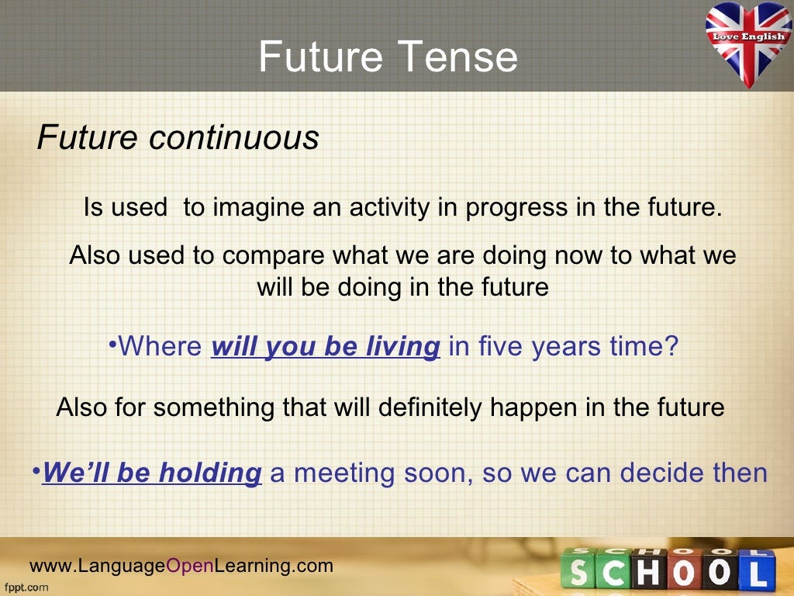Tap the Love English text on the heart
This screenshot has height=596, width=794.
coord(748,36)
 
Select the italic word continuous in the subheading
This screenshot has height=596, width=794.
coord(233,138)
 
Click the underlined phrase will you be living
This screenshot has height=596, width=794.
coord(326,346)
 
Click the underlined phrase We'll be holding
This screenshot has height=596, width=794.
coord(152,473)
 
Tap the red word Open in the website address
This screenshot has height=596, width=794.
coord(190,566)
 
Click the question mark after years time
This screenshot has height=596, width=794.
coord(671,346)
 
